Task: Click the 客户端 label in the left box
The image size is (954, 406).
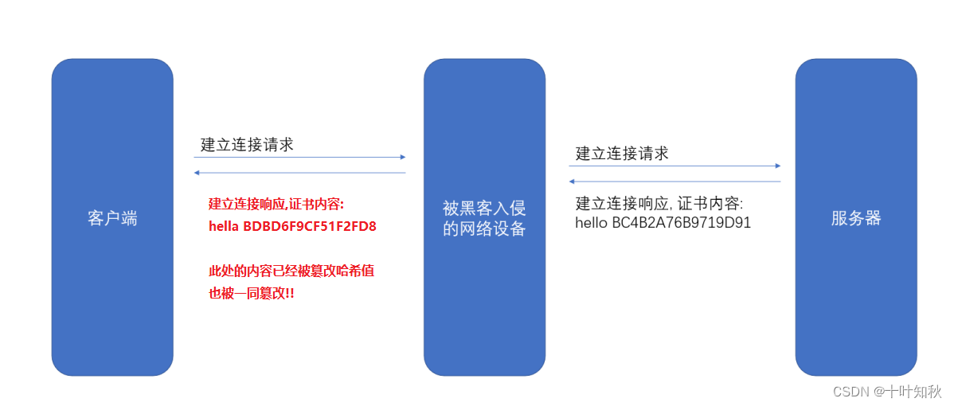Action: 112,218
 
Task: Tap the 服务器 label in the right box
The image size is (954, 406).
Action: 856,218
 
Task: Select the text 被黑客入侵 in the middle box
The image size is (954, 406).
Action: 484,209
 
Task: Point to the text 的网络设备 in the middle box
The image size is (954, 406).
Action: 484,229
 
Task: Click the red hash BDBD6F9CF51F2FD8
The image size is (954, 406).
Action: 310,226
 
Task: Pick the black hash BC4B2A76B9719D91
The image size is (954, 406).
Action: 681,223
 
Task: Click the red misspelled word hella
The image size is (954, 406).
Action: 224,226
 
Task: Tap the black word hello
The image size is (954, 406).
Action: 592,223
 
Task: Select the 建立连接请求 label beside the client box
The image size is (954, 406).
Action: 247,145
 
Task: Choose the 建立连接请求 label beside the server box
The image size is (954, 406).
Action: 622,154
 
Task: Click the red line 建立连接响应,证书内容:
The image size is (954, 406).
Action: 276,204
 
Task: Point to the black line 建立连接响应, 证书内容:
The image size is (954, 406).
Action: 659,203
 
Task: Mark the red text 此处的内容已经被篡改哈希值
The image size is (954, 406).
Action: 291,271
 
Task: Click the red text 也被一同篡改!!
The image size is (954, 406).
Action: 252,293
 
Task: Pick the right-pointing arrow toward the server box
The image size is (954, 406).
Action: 674,166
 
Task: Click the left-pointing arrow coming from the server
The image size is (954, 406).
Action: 674,182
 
